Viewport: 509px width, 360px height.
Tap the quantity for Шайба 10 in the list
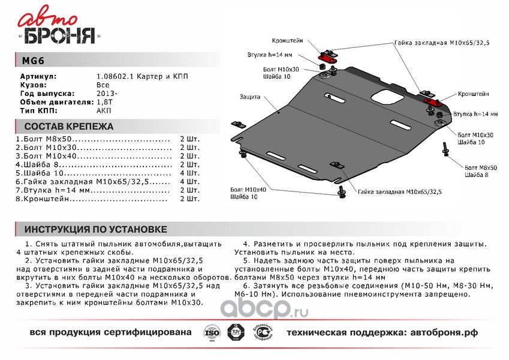tap(189, 172)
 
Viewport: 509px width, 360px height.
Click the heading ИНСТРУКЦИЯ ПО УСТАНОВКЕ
tap(95, 230)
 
